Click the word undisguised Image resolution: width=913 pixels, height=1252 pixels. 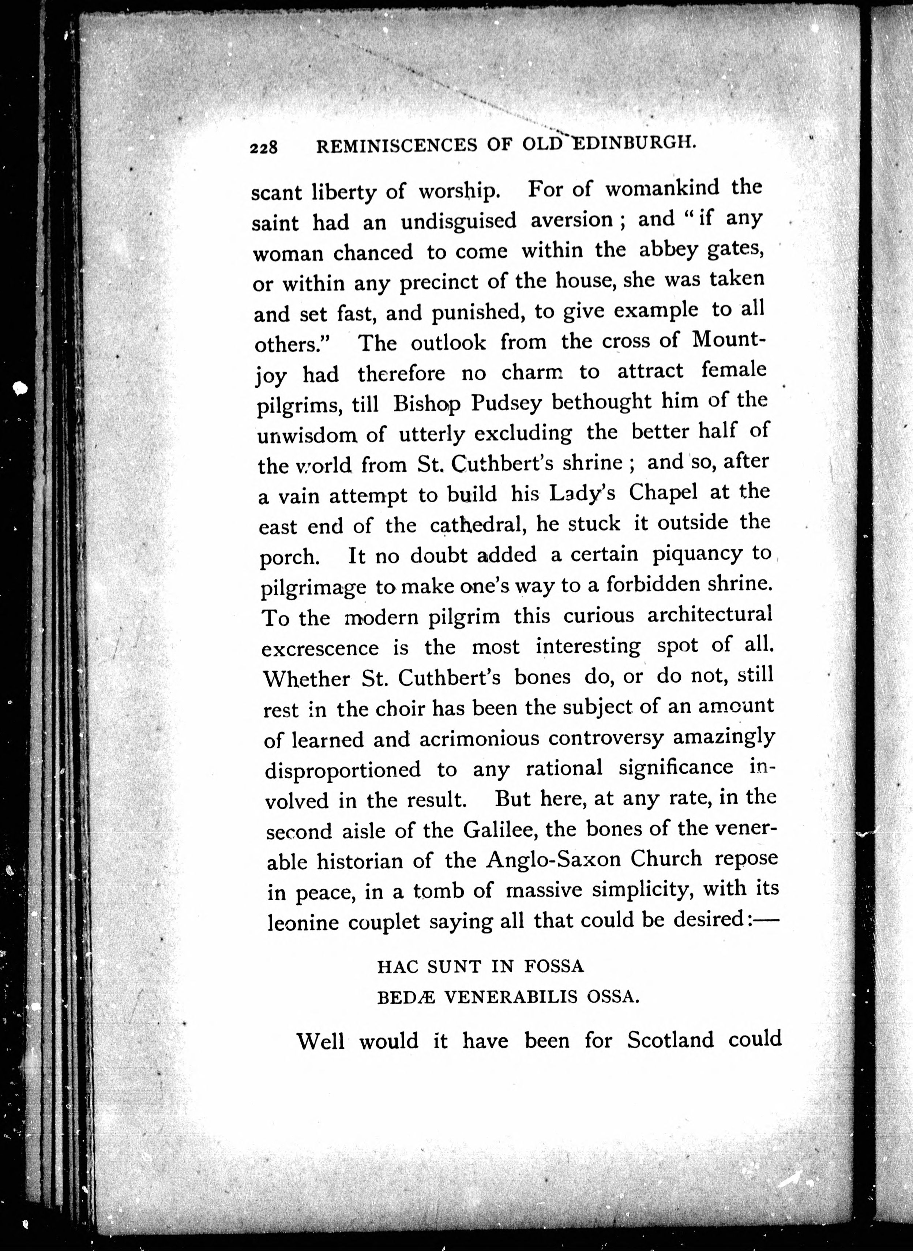tap(458, 221)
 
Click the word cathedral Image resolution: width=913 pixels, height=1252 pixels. tap(477, 523)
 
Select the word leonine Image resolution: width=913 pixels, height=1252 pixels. tap(303, 923)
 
